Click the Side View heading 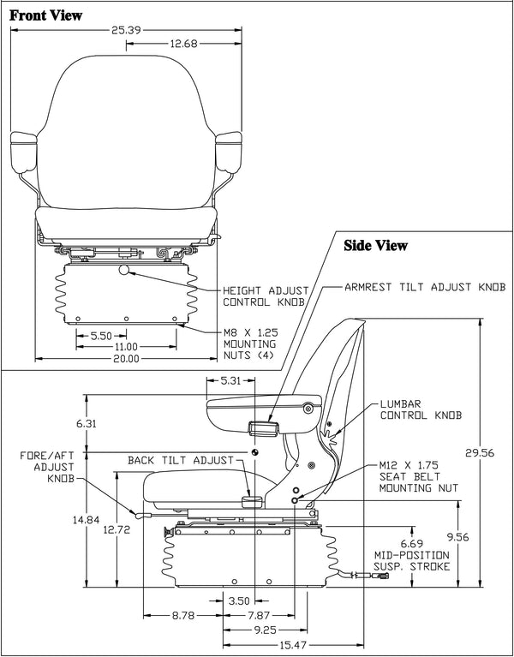[375, 246]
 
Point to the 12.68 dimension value [188, 44]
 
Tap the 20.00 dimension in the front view [126, 358]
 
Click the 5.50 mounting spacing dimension [102, 334]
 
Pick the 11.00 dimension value [126, 346]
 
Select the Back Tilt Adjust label [181, 460]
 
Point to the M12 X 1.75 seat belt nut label [419, 477]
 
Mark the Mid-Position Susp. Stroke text [410, 556]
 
